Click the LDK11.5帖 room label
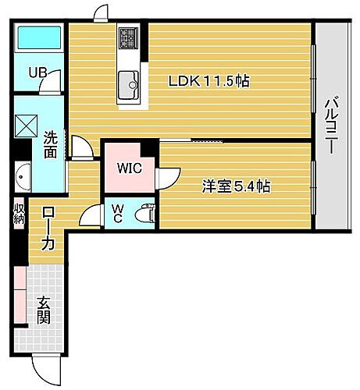tap(210, 80)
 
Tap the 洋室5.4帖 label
tap(237, 186)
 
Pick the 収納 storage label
tap(17, 214)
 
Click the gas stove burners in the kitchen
tap(129, 37)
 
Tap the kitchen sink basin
tap(129, 80)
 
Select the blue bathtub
tap(39, 37)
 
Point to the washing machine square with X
tap(27, 126)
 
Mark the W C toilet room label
tap(116, 213)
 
